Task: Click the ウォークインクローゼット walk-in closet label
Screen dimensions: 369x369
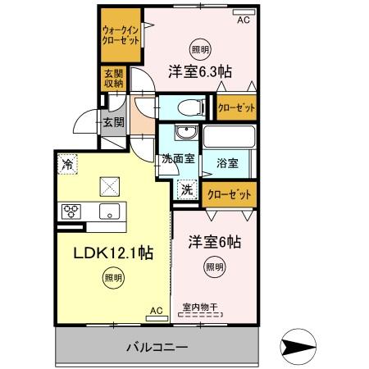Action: pos(121,35)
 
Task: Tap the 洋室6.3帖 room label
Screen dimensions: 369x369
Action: pos(200,71)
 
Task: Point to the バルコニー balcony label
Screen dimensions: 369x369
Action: pos(157,347)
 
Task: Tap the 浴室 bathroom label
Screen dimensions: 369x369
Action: pos(228,163)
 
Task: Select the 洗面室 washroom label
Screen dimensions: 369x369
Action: pos(176,159)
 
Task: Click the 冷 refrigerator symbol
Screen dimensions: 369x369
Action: pos(68,164)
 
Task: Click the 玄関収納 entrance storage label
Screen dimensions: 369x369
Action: pos(112,79)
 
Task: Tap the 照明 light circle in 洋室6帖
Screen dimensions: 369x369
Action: pos(213,266)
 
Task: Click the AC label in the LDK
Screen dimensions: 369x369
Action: pos(156,311)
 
